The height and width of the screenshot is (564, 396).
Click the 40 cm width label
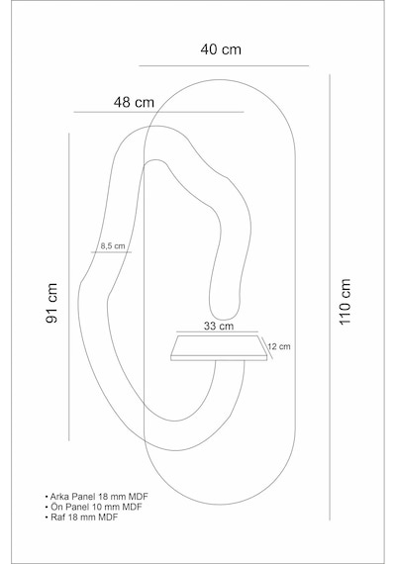(221, 49)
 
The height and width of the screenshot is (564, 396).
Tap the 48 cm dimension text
(134, 103)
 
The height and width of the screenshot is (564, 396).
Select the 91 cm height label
(51, 303)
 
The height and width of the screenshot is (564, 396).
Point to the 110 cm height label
(345, 302)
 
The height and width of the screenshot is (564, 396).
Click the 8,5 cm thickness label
(113, 246)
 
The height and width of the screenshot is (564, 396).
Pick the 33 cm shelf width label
(219, 327)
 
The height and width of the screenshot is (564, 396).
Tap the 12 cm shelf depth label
(279, 346)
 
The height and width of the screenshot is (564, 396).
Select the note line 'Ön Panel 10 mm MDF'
(96, 507)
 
